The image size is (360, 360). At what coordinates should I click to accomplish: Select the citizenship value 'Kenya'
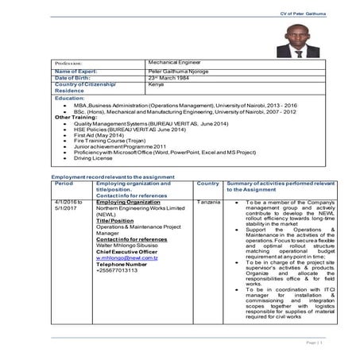coord(157,83)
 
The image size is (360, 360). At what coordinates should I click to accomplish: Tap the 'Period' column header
coord(64,184)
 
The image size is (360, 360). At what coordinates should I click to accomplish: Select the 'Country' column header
coord(207,184)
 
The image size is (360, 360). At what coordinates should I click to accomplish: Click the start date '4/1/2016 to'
coord(68,203)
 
